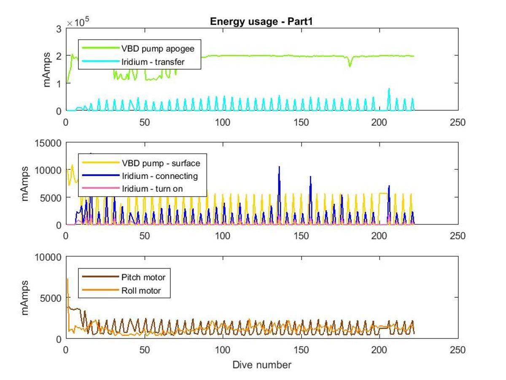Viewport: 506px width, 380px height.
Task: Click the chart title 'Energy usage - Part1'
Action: coord(261,22)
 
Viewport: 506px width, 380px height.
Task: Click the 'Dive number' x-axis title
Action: coord(261,364)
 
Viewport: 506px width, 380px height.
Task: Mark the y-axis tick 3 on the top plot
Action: coord(59,28)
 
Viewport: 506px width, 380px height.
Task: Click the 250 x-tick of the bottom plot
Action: coord(458,350)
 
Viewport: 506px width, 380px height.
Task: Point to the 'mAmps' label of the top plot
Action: coord(47,69)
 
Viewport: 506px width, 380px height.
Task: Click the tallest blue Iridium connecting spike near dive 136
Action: coord(279,167)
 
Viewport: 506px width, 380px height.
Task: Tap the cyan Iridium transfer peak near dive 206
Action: coord(389,89)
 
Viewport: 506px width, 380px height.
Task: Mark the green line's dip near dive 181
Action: coord(350,66)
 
